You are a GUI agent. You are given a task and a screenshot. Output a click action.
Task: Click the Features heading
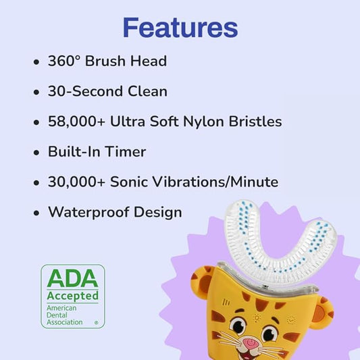pyautogui.click(x=180, y=27)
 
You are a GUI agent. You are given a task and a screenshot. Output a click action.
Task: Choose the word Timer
pyautogui.click(x=126, y=152)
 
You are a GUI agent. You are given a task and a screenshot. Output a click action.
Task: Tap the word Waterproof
pyautogui.click(x=88, y=212)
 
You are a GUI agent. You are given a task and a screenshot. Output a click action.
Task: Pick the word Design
pyautogui.click(x=157, y=212)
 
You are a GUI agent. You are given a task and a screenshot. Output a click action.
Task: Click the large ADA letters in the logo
pyautogui.click(x=72, y=278)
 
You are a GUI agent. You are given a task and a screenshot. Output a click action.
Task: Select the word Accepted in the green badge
pyautogui.click(x=72, y=296)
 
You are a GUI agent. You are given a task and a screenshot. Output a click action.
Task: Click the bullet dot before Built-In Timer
pyautogui.click(x=36, y=153)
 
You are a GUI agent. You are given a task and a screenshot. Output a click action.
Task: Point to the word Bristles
pyautogui.click(x=257, y=122)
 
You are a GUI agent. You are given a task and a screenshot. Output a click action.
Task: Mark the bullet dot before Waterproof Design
pyautogui.click(x=36, y=213)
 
